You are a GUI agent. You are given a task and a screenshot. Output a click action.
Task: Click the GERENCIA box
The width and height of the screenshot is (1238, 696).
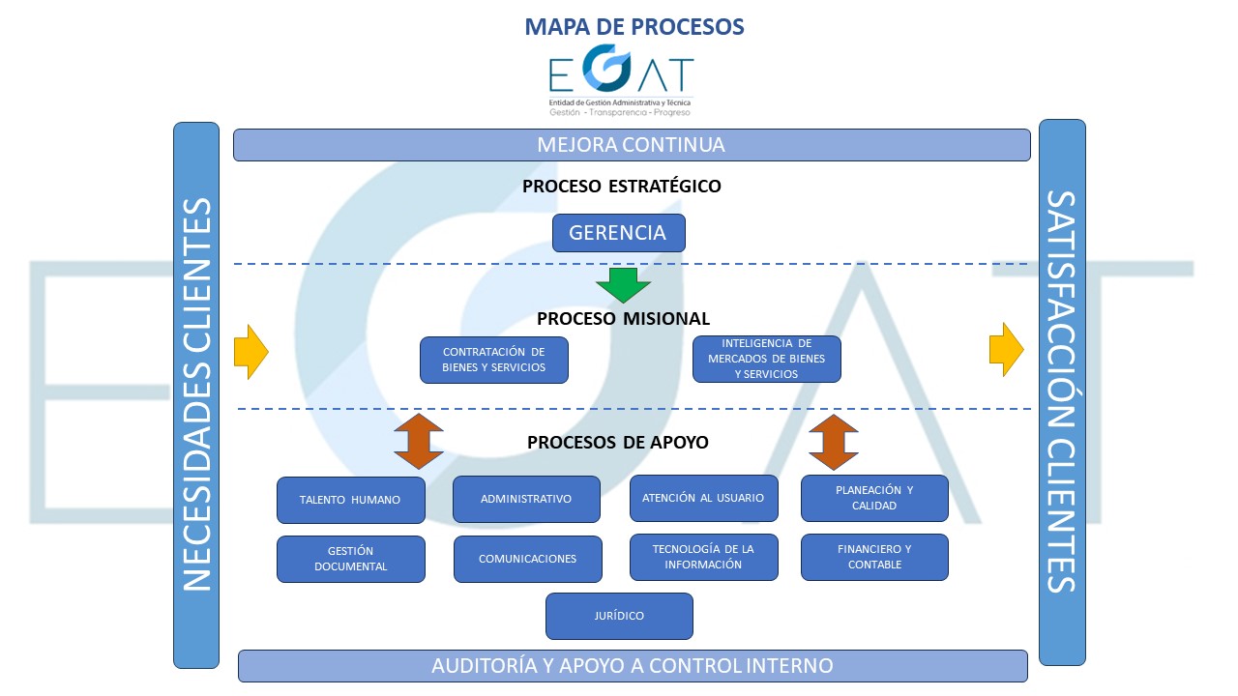[618, 233]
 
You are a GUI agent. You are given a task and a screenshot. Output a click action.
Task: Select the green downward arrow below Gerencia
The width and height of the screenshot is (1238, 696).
[623, 285]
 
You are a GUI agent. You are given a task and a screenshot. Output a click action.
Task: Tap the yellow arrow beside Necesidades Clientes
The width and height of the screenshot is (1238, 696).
[251, 351]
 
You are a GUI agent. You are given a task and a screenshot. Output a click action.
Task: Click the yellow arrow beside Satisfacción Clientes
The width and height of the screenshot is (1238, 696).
[1006, 350]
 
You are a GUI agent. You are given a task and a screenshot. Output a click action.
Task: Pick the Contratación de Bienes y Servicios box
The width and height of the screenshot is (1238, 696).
[493, 360]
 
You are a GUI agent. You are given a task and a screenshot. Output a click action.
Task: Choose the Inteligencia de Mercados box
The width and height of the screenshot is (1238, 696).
[766, 360]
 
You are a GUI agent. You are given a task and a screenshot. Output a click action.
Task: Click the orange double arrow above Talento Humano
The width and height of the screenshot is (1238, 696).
[419, 442]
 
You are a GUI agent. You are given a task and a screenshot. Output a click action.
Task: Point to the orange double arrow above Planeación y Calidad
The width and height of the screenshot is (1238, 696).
[834, 442]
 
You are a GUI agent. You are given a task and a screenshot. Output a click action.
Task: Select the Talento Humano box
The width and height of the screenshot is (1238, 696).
[350, 500]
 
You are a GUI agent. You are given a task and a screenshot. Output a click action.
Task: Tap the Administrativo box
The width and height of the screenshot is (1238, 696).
[526, 500]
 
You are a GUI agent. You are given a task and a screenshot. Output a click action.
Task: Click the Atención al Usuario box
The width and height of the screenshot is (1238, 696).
[703, 499]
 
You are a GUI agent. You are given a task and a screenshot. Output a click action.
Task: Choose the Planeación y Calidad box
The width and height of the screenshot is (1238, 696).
[874, 498]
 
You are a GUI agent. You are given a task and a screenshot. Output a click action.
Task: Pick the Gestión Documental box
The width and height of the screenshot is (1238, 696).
[350, 559]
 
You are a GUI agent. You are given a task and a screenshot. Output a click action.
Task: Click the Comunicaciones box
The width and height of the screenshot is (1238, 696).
[527, 559]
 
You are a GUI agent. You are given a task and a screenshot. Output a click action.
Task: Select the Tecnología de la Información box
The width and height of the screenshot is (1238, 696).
[703, 557]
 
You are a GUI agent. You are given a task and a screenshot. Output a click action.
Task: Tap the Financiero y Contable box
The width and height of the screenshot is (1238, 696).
[874, 557]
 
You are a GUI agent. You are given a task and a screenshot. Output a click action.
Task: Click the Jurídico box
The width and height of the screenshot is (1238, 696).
[619, 616]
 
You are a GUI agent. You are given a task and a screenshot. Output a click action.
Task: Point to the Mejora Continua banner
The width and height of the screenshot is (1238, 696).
[631, 145]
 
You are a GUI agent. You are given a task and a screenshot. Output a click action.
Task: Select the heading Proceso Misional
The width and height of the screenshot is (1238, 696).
[623, 318]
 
